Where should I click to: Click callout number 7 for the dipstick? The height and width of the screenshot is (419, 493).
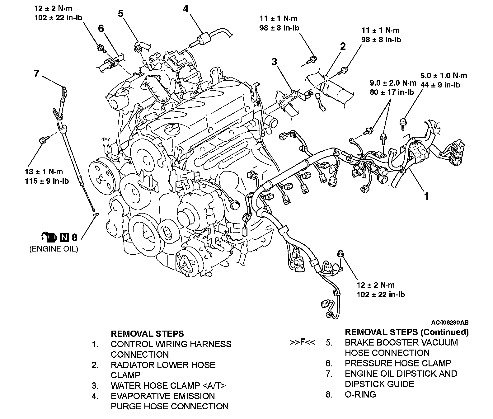point(37,74)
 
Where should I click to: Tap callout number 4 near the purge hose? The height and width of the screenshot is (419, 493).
point(185,9)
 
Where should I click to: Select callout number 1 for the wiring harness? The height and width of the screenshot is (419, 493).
point(427,196)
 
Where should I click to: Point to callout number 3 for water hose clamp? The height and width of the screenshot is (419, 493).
point(274,62)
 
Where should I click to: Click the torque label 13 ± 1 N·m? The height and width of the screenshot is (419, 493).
point(44,172)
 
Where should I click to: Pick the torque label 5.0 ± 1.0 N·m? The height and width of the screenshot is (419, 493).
point(444,76)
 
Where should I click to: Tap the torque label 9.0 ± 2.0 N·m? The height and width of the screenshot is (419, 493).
point(393,83)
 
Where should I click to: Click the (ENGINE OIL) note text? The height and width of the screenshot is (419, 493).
point(54,249)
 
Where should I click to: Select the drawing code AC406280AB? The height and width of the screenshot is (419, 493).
point(450,322)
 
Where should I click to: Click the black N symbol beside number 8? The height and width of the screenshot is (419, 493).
point(64,238)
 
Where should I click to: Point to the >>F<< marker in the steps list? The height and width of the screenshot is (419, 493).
point(302,343)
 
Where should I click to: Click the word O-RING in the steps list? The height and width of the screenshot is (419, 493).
point(360,394)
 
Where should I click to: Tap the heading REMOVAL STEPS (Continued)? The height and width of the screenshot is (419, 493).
point(407,332)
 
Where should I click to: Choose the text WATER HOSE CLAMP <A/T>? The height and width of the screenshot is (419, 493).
point(168,386)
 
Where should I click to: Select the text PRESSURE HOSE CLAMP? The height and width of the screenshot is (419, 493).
point(398,363)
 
